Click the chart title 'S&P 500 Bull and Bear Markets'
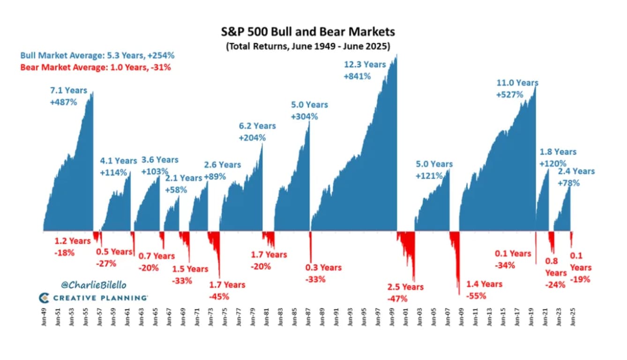coord(308,32)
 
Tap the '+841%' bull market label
coord(357,76)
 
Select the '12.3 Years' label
coord(365,64)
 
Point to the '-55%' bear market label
coord(476,296)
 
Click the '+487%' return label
coord(63,102)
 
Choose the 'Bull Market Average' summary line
coord(97,55)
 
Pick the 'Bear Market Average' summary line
coord(96,67)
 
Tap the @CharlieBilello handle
coord(93,285)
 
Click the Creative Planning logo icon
coord(44,298)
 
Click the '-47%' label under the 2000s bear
coord(397,298)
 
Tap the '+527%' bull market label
coord(509,94)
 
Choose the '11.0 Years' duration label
coord(517,83)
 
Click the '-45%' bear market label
coord(219,296)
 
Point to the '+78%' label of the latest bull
coord(568,183)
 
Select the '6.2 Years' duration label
coord(257,126)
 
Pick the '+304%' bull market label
coord(304,116)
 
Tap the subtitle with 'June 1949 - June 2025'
coord(308,47)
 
